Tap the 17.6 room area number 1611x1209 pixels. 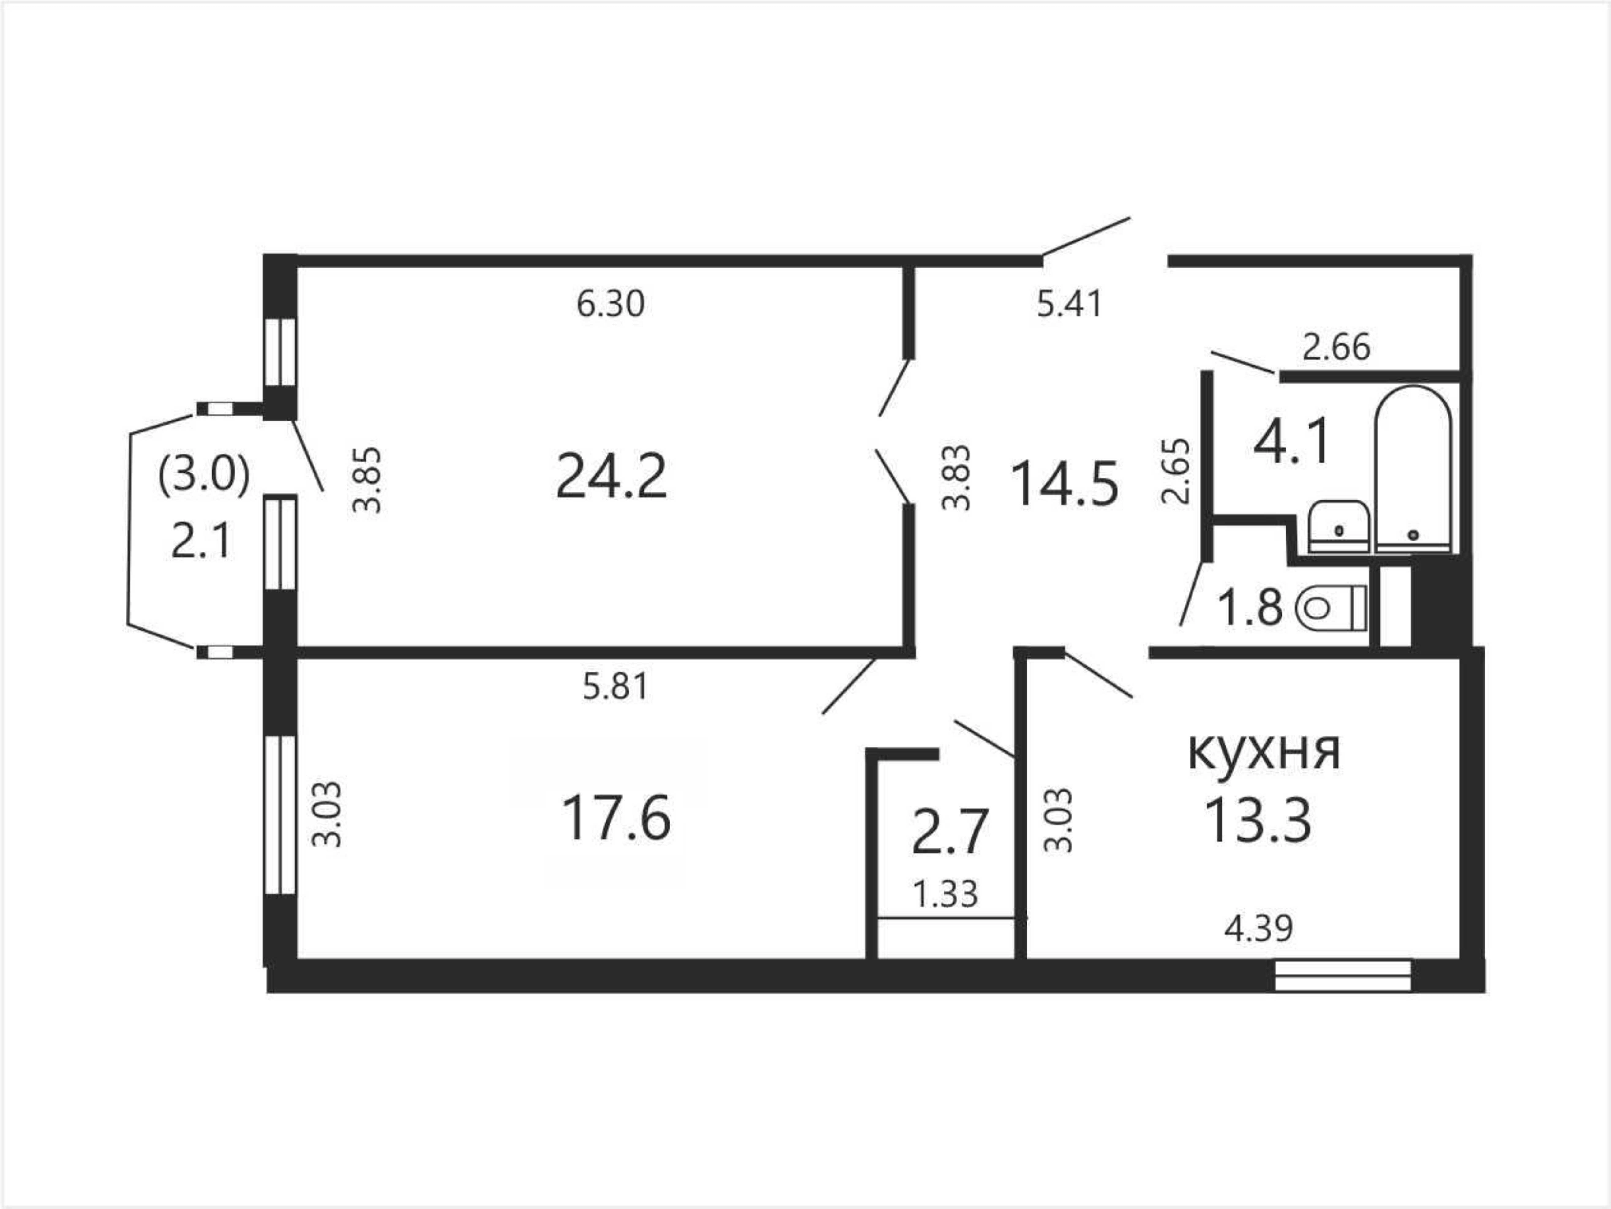tap(616, 818)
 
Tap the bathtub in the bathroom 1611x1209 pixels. tap(1413, 470)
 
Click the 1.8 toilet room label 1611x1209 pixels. tap(1250, 608)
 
